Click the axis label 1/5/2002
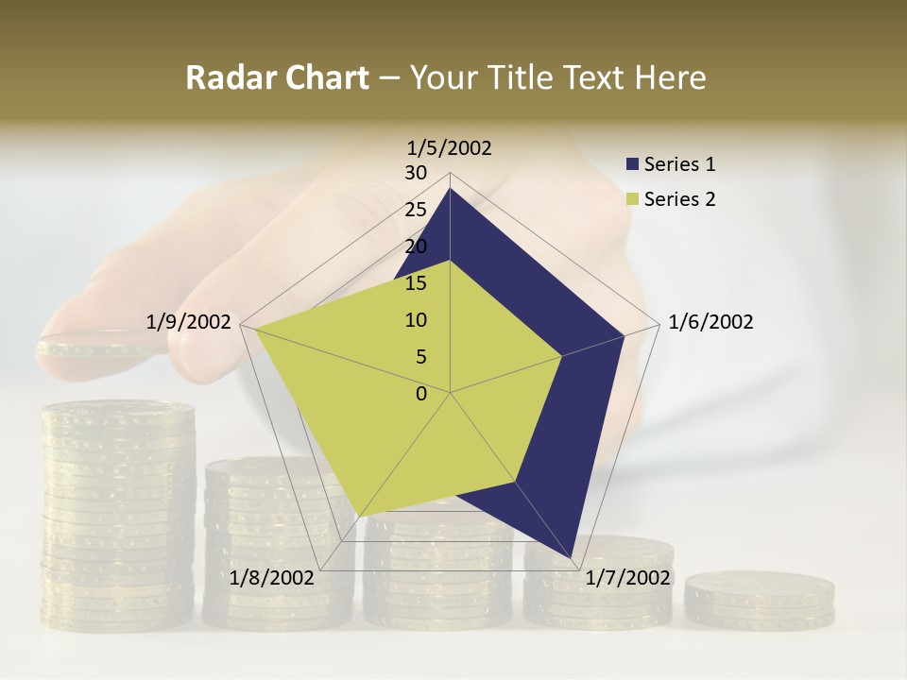coord(450,148)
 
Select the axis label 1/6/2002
coord(710,322)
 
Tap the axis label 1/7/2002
coord(627,578)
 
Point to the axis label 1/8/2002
coord(271,578)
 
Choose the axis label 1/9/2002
coord(189,322)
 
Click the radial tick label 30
coord(416,173)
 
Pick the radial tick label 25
coord(416,210)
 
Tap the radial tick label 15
coord(416,283)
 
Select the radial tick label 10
coord(416,320)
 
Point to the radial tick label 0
coord(421,394)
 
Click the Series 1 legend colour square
coord(633,164)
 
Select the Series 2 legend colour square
coord(633,199)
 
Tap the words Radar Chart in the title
coord(277,77)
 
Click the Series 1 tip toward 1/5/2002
coord(450,189)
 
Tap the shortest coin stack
coord(760,599)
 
